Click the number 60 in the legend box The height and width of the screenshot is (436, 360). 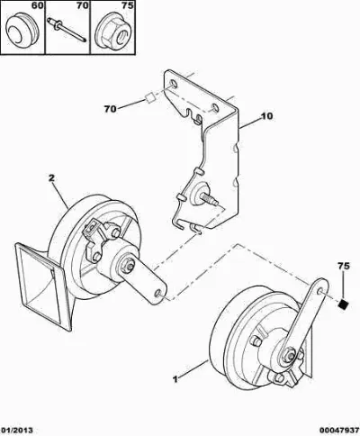coord(37,5)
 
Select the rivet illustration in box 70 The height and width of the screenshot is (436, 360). coord(67,29)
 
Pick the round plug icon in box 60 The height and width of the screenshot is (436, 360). coord(22,30)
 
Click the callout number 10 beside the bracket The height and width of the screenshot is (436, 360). coord(266,116)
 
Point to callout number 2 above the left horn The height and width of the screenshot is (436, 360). coord(51,178)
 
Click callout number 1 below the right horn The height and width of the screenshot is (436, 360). coord(175,379)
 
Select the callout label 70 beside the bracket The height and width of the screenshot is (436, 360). coord(111,109)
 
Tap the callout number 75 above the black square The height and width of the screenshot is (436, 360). coord(344,266)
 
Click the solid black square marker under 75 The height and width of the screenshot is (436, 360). coord(343,304)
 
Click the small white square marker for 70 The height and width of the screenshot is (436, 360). coord(150,97)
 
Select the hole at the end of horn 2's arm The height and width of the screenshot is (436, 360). coord(157,293)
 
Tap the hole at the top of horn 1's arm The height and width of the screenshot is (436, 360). coord(320,290)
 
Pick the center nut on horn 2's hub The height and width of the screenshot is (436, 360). coord(128,266)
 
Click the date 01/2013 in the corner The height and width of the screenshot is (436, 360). coord(16,431)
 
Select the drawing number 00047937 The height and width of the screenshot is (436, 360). coord(339,431)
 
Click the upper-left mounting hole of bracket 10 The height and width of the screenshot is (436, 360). coord(174,84)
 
